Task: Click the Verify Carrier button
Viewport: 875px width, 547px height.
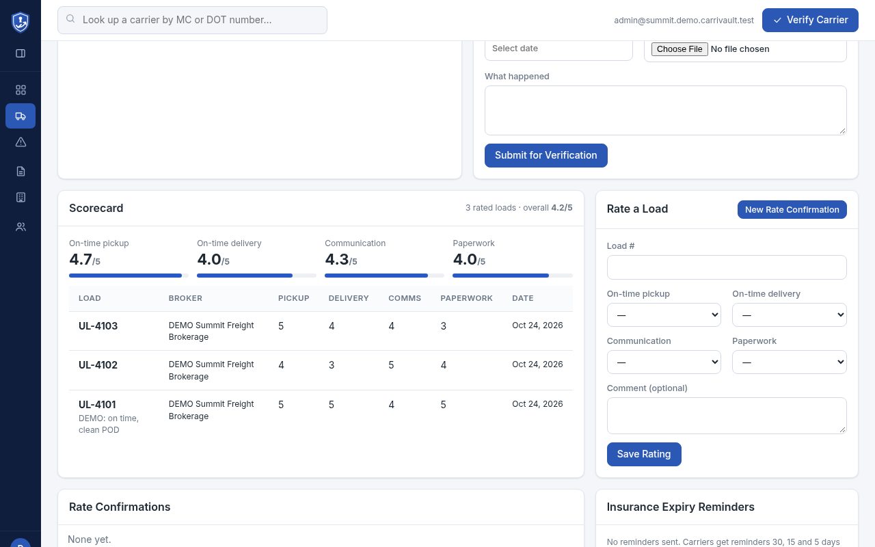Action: click(x=810, y=20)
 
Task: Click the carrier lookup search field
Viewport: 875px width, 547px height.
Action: click(x=192, y=20)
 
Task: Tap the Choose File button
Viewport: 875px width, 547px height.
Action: click(x=679, y=49)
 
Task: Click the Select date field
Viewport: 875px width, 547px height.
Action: click(x=558, y=49)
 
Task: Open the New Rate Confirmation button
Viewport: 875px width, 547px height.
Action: click(x=792, y=209)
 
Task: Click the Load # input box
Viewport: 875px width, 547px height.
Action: click(x=727, y=267)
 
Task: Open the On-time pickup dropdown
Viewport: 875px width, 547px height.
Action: click(x=664, y=315)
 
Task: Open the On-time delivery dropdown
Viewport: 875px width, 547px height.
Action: click(x=789, y=315)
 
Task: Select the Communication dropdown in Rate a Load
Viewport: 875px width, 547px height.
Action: click(x=664, y=362)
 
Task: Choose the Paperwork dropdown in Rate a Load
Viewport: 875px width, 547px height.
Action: click(x=789, y=362)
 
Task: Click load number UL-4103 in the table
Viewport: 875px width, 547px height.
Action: click(x=98, y=326)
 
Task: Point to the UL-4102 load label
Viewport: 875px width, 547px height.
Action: click(x=98, y=365)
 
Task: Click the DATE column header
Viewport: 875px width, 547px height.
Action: click(x=523, y=298)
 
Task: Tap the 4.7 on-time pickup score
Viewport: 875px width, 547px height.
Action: click(x=81, y=259)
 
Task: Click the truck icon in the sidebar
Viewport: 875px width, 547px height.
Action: click(x=21, y=116)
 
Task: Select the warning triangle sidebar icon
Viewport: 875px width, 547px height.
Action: click(x=21, y=142)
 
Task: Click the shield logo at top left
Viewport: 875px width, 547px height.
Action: click(x=21, y=22)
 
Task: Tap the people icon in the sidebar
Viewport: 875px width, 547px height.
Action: click(x=21, y=226)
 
